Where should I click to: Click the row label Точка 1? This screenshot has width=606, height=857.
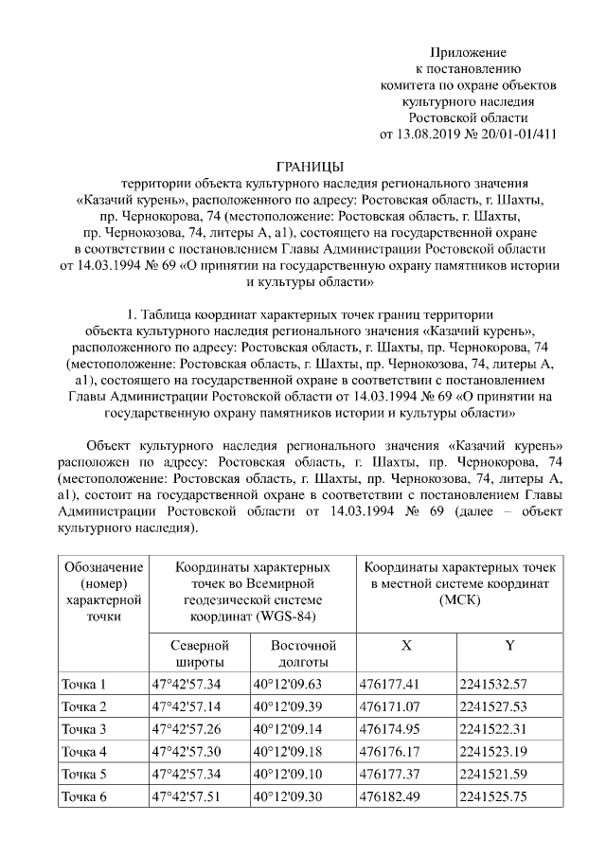pos(84,684)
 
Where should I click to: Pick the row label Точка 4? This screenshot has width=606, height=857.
pos(84,752)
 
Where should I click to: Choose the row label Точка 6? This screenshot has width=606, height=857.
pos(84,796)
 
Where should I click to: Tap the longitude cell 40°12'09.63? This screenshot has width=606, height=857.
pos(287,684)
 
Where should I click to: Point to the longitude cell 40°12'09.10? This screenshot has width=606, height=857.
pos(287,774)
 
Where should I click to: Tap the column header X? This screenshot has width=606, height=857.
pos(406,645)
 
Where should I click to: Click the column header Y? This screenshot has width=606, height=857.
pos(509,645)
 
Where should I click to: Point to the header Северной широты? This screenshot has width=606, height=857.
pos(199,652)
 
